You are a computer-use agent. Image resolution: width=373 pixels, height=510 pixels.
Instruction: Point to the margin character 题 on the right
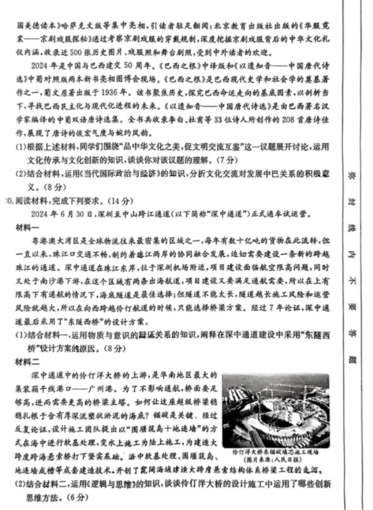point(350,357)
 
